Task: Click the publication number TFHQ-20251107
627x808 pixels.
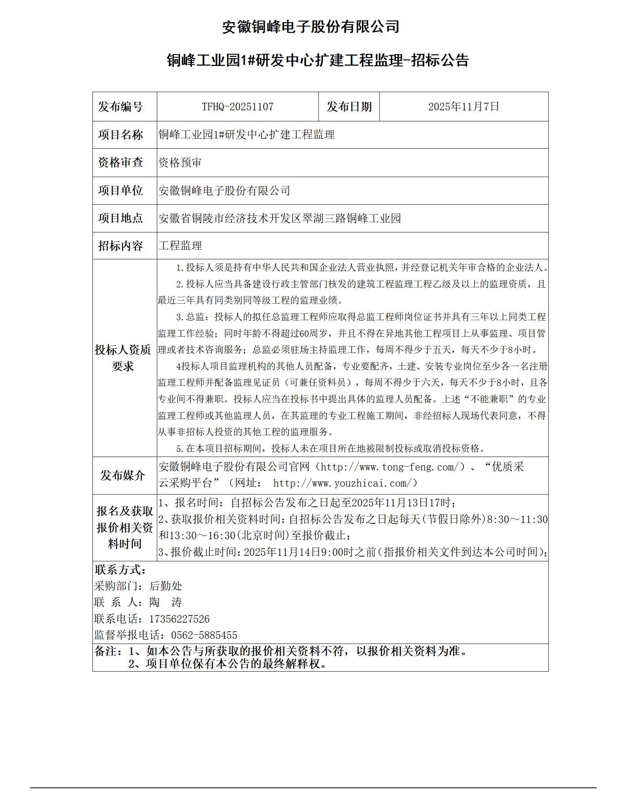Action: pos(237,107)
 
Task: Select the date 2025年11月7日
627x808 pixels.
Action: pos(463,107)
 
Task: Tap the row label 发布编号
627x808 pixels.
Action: pos(120,107)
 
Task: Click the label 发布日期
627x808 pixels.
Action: pos(349,107)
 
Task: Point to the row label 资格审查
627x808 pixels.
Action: pos(120,162)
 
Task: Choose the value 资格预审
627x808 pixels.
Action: pos(180,162)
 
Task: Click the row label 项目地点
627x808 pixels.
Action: pos(120,218)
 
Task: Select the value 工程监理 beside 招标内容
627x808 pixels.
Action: pos(180,246)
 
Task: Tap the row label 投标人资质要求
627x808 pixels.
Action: pos(122,358)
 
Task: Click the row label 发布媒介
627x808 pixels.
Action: pos(122,475)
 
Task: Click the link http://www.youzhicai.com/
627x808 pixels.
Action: pos(342,483)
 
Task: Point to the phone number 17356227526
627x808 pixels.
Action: pos(179,619)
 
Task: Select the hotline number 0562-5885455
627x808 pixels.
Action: pos(204,635)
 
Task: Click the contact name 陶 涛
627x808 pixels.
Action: pos(166,602)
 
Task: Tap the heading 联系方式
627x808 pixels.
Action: pos(120,570)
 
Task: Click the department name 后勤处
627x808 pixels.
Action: pos(166,586)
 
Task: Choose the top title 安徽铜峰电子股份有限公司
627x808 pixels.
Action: pos(311,27)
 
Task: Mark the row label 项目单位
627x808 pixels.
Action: pos(120,191)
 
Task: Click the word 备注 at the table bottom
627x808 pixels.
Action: pos(106,651)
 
